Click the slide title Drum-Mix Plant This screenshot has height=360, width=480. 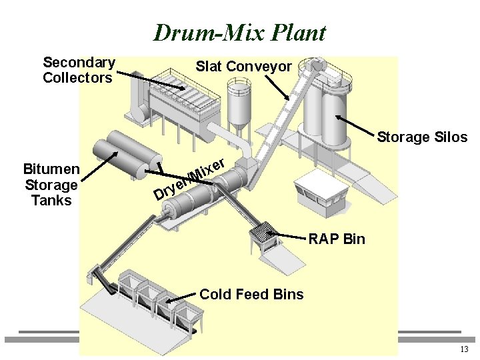pyautogui.click(x=239, y=33)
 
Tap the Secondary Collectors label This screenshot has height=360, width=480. pyautogui.click(x=79, y=70)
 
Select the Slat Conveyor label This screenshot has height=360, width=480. pyautogui.click(x=243, y=66)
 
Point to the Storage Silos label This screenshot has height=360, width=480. pyautogui.click(x=422, y=137)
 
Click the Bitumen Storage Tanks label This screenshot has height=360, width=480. pyautogui.click(x=51, y=183)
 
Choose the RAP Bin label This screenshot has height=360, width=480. pyautogui.click(x=337, y=239)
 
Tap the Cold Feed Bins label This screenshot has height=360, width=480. pyautogui.click(x=251, y=294)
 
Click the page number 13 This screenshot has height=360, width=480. pyautogui.click(x=464, y=350)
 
